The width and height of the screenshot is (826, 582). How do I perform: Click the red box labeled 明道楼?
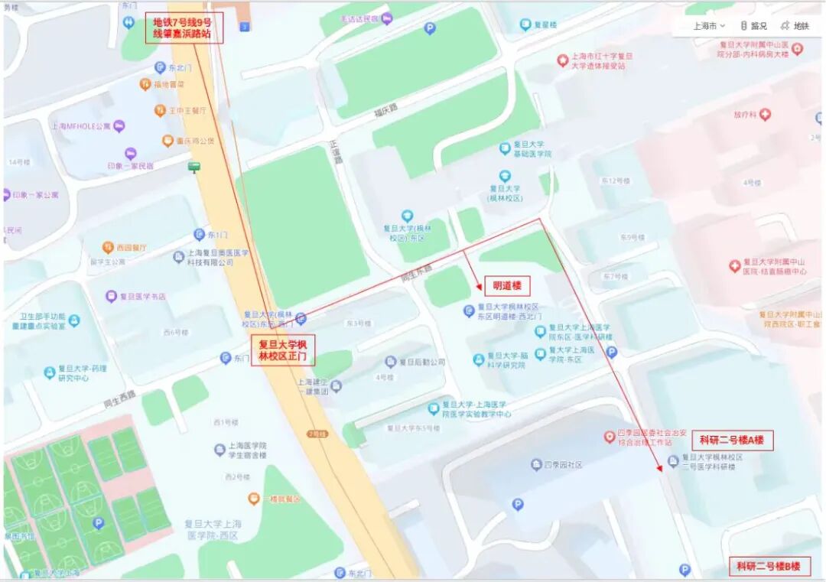(x=506, y=286)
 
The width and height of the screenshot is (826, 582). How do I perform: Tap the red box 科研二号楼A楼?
(x=732, y=441)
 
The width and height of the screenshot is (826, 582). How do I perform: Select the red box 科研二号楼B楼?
(x=768, y=567)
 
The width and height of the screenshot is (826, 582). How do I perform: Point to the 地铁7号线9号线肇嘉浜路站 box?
(x=184, y=28)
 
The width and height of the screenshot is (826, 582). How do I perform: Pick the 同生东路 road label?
(x=417, y=273)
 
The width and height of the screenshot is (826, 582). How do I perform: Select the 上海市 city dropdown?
(x=709, y=25)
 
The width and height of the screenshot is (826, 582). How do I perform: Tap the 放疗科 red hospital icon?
(x=764, y=115)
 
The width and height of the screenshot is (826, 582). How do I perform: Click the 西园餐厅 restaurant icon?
(x=109, y=247)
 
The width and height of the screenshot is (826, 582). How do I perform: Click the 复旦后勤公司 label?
(x=419, y=362)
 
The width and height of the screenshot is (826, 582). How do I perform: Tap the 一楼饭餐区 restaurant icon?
(x=253, y=499)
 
